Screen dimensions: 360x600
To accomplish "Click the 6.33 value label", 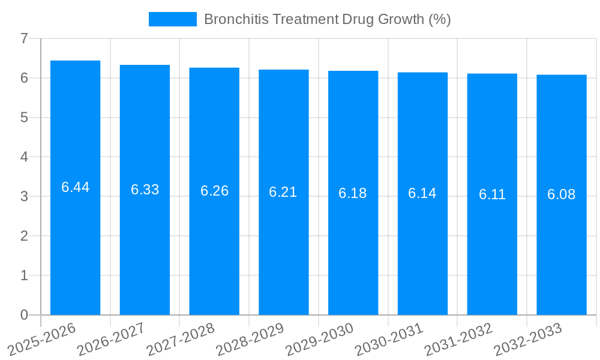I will click(x=145, y=190).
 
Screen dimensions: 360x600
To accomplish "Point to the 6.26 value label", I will click(x=214, y=191).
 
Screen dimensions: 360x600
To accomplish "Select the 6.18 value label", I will click(x=353, y=193).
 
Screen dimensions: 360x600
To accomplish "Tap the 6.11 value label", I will click(x=492, y=194).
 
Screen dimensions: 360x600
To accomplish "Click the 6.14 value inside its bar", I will click(x=422, y=193).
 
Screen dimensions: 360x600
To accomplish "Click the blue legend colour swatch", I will click(x=173, y=19).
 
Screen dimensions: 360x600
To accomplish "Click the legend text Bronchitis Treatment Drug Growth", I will click(x=327, y=19).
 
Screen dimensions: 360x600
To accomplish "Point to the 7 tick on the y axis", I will click(x=24, y=38).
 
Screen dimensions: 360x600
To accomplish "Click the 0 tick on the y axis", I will click(x=24, y=315).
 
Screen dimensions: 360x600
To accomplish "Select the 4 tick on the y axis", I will click(x=24, y=157).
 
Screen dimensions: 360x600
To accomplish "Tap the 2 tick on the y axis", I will click(x=24, y=236).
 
